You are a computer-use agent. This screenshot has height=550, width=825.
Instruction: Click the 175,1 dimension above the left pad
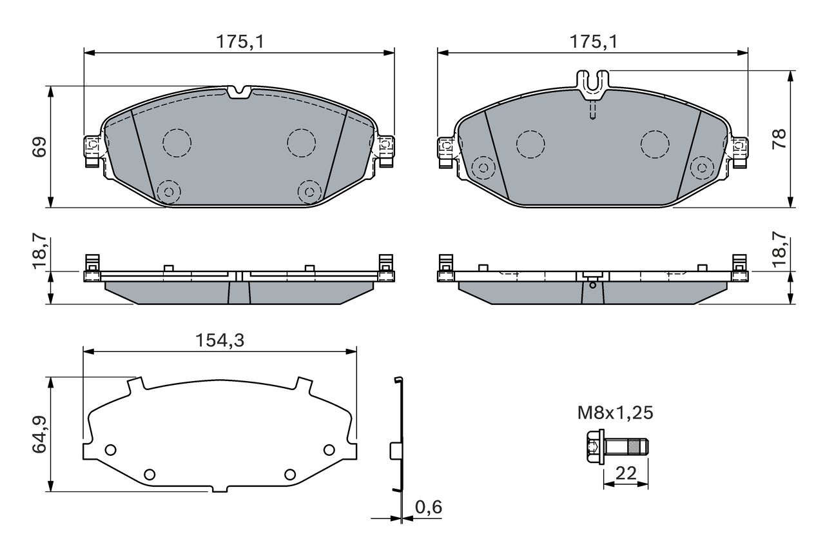point(240,42)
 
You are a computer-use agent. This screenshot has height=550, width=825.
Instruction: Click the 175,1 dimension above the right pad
point(594,42)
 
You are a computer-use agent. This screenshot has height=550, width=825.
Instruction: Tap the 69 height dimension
point(39,146)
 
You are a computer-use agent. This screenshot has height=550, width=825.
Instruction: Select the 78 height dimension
point(779,139)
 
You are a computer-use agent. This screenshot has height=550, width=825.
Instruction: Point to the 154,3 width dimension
point(220,340)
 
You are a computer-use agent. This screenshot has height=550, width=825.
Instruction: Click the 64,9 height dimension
point(39,434)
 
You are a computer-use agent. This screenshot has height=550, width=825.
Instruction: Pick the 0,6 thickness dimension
point(429,507)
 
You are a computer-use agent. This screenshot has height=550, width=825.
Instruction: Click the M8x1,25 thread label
point(615,413)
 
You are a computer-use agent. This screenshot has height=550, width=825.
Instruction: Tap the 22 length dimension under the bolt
point(626,473)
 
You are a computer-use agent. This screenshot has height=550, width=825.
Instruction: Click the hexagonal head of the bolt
point(594,446)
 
